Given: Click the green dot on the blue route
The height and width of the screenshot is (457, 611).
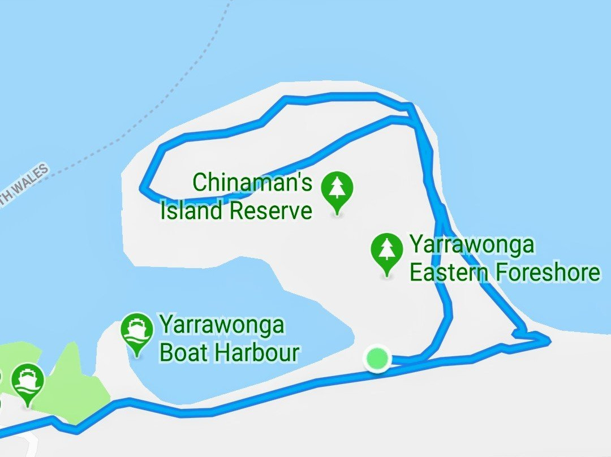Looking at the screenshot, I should (x=377, y=358).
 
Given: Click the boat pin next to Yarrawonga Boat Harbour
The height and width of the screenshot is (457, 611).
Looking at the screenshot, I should (x=137, y=331).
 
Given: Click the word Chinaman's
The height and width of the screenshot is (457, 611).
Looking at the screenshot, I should (x=252, y=183).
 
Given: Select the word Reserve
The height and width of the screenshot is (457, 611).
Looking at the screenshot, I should (x=271, y=211).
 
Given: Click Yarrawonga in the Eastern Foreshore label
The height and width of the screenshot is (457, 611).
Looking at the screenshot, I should (x=472, y=246).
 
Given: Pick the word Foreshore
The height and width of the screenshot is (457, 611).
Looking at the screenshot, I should (x=548, y=273).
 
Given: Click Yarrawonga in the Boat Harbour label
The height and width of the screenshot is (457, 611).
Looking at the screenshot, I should (x=222, y=326).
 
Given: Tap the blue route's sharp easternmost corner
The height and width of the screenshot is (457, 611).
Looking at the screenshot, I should (x=548, y=339).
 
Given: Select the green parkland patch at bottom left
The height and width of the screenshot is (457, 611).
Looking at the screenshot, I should (x=79, y=390).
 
